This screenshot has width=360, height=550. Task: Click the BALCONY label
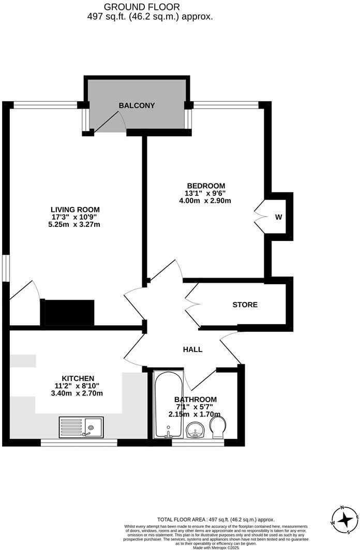(137, 105)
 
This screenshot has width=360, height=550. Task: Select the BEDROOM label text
(206, 186)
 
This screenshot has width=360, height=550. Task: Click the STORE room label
(245, 304)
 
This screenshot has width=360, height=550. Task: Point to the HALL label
(192, 349)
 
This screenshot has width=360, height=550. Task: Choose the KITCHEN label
(78, 378)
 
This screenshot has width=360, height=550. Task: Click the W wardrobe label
(278, 217)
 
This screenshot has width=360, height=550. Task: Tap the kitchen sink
(81, 427)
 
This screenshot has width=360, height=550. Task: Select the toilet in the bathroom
(218, 427)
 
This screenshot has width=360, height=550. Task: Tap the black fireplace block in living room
(69, 312)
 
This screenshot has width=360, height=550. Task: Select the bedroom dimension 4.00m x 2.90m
(206, 201)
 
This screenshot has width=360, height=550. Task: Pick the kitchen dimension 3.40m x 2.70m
(78, 393)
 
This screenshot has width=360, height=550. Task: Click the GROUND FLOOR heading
(142, 7)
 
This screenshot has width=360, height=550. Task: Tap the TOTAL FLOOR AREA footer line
(216, 519)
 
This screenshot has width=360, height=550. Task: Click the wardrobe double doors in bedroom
(260, 217)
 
